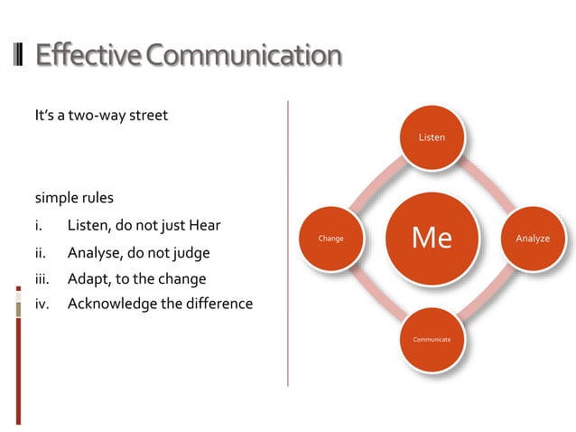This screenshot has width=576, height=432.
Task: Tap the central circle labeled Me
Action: [431, 238]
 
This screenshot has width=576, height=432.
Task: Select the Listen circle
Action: [431, 137]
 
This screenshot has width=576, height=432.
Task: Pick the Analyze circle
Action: [532, 239]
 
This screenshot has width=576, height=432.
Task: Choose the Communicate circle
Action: [431, 339]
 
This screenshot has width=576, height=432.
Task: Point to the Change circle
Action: [330, 239]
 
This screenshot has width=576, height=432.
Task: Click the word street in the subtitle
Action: [147, 116]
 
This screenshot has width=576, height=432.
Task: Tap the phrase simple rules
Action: [74, 197]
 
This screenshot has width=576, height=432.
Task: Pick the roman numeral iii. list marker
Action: [42, 278]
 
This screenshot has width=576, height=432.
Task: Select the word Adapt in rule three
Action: [88, 278]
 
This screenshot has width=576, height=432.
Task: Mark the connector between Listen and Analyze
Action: [483, 186]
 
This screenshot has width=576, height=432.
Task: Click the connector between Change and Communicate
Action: [378, 291]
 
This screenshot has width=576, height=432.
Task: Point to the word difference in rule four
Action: [221, 304]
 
